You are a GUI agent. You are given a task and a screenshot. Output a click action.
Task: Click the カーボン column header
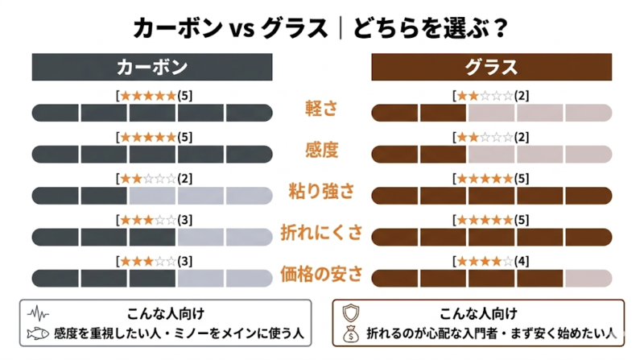[152, 67]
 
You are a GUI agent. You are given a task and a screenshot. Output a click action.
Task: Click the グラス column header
[491, 67]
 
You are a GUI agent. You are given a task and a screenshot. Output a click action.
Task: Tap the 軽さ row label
[322, 110]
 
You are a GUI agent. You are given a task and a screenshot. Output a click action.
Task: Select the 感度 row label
[322, 151]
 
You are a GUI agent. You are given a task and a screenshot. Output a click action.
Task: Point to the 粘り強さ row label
[322, 192]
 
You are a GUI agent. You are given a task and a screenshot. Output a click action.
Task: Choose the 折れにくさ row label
[322, 234]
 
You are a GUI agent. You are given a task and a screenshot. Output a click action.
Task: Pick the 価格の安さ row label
[322, 275]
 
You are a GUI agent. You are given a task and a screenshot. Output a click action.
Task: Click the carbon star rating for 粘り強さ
[148, 179]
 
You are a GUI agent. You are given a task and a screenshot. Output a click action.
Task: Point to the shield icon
[351, 312]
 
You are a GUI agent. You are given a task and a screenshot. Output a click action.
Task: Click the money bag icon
[351, 333]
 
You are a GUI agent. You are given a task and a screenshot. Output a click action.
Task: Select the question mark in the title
[501, 29]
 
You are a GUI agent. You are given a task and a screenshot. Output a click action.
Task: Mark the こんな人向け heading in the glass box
[478, 312]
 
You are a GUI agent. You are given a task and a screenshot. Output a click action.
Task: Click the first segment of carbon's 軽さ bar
[56, 112]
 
